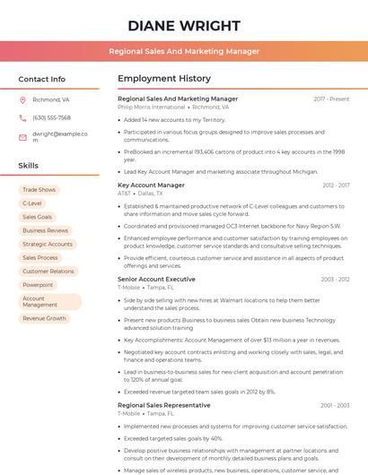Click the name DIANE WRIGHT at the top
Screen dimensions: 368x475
pos(184,25)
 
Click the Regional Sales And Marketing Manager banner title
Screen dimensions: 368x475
pos(184,52)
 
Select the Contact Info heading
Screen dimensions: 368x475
pos(42,79)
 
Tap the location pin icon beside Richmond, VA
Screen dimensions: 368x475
pos(22,100)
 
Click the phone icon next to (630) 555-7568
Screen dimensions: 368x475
pos(22,117)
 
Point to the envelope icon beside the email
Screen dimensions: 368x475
pos(22,136)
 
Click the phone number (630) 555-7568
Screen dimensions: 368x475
pos(51,117)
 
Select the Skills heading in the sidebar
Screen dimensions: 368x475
pos(29,166)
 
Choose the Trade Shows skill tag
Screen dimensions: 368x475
pos(39,190)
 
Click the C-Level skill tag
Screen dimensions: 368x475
pos(31,203)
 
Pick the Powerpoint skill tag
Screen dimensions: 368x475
pos(38,285)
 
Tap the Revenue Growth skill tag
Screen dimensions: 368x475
pos(44,318)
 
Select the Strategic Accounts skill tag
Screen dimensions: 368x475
pos(48,244)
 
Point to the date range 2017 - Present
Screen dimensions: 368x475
pos(331,99)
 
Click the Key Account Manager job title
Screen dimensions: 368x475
pos(151,185)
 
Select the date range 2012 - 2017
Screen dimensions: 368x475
pos(335,185)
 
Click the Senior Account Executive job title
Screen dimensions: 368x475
pos(156,279)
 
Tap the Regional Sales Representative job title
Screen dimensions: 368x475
pos(163,405)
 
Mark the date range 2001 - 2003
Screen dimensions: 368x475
pos(335,405)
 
